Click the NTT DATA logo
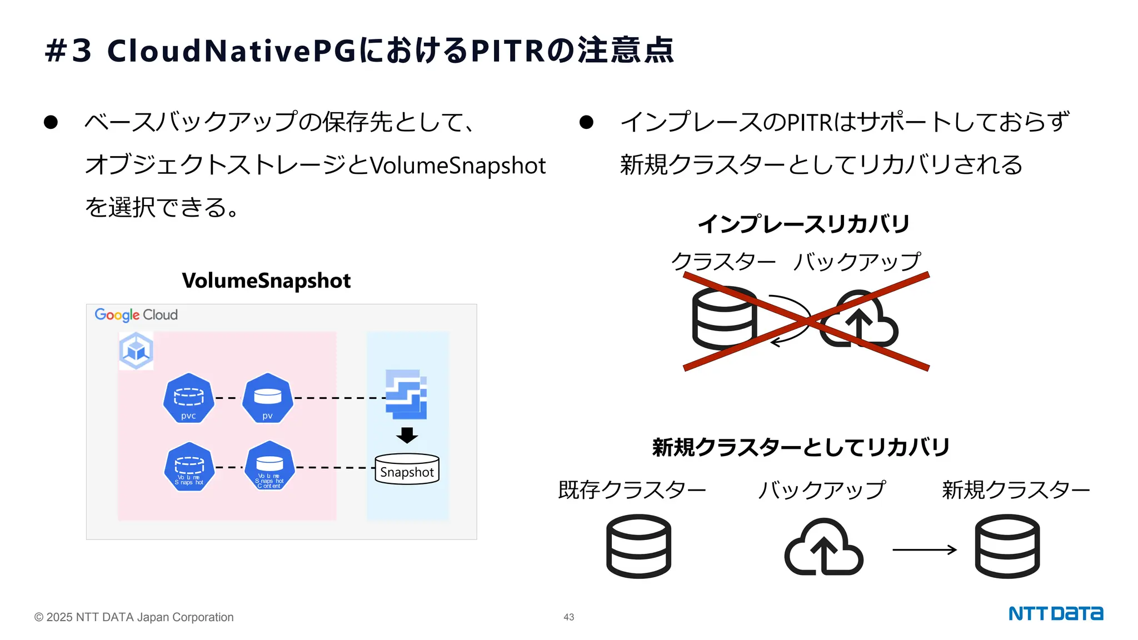(1055, 613)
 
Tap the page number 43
(568, 617)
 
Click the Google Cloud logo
(136, 315)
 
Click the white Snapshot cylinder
(407, 469)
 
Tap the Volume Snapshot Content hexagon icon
(269, 466)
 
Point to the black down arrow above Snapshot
(407, 435)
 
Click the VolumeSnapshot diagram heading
(266, 281)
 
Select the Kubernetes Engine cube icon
(136, 351)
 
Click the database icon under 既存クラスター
(638, 546)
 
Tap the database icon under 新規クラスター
(1007, 546)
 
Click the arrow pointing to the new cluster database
(924, 549)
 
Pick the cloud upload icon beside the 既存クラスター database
(823, 547)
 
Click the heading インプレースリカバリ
(803, 224)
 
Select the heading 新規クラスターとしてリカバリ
(801, 447)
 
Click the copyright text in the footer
(134, 617)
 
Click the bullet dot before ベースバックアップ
(51, 122)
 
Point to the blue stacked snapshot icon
(406, 394)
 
